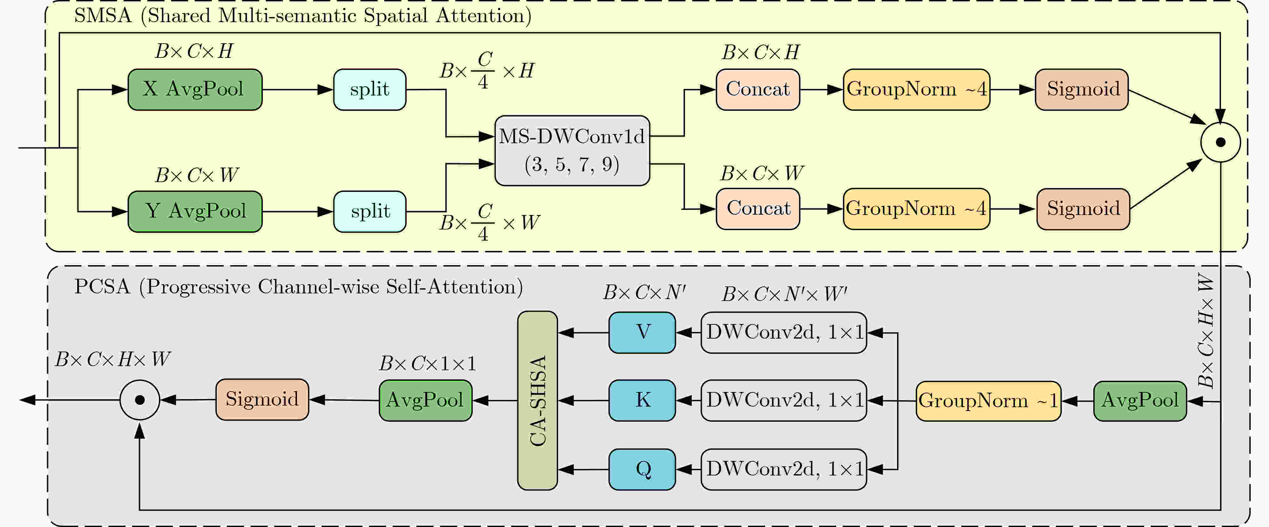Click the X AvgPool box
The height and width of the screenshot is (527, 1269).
(195, 89)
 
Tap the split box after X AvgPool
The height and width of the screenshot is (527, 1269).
(369, 89)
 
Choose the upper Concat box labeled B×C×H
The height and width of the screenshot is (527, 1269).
(758, 89)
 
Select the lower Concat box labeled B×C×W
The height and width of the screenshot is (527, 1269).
(758, 209)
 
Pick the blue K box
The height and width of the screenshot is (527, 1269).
(642, 400)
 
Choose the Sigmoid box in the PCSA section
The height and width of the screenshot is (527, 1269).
(262, 399)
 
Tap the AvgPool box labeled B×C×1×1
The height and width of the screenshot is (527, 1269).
(425, 400)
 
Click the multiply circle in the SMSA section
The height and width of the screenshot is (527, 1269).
(1220, 142)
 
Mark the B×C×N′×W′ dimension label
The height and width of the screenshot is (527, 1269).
(784, 294)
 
